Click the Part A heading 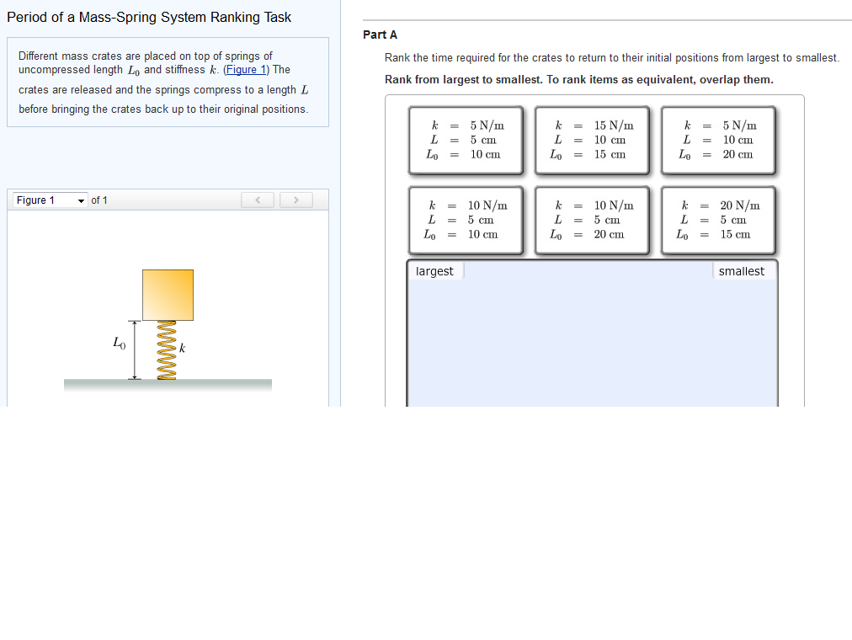point(380,35)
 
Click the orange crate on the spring point(168,295)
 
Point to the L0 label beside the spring point(119,342)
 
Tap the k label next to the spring point(181,348)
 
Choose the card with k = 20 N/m point(718,220)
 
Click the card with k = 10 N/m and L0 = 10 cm point(466,220)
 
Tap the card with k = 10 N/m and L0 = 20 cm point(592,220)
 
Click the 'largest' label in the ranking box point(434,271)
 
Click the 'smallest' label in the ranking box point(742,271)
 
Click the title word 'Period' point(27,17)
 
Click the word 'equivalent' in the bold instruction point(652,79)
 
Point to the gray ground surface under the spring point(168,385)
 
